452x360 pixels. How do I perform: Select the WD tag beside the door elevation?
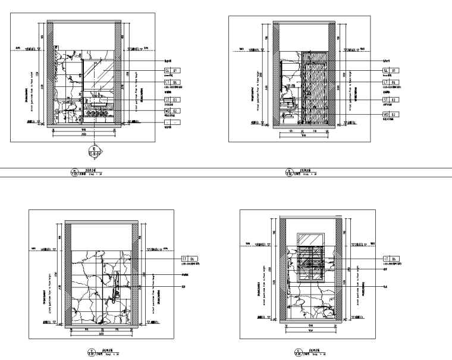click(x=390, y=114)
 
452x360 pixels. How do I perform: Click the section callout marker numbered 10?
click(x=92, y=151)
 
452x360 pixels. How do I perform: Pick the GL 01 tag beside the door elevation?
click(x=390, y=70)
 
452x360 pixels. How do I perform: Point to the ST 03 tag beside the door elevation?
click(x=390, y=99)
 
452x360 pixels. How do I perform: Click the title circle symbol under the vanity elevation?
click(x=74, y=173)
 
